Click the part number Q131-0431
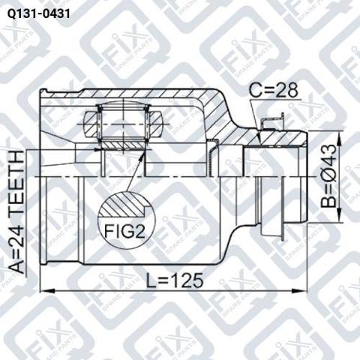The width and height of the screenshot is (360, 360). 39,14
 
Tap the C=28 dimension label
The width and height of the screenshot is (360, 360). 274,91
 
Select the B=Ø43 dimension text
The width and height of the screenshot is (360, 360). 329,176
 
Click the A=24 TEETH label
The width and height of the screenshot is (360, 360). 17,212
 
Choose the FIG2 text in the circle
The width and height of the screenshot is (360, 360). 124,231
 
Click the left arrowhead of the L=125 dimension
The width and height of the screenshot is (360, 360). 47,291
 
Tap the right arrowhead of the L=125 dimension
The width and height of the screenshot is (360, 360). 299,291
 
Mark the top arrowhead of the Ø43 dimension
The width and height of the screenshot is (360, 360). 339,138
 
